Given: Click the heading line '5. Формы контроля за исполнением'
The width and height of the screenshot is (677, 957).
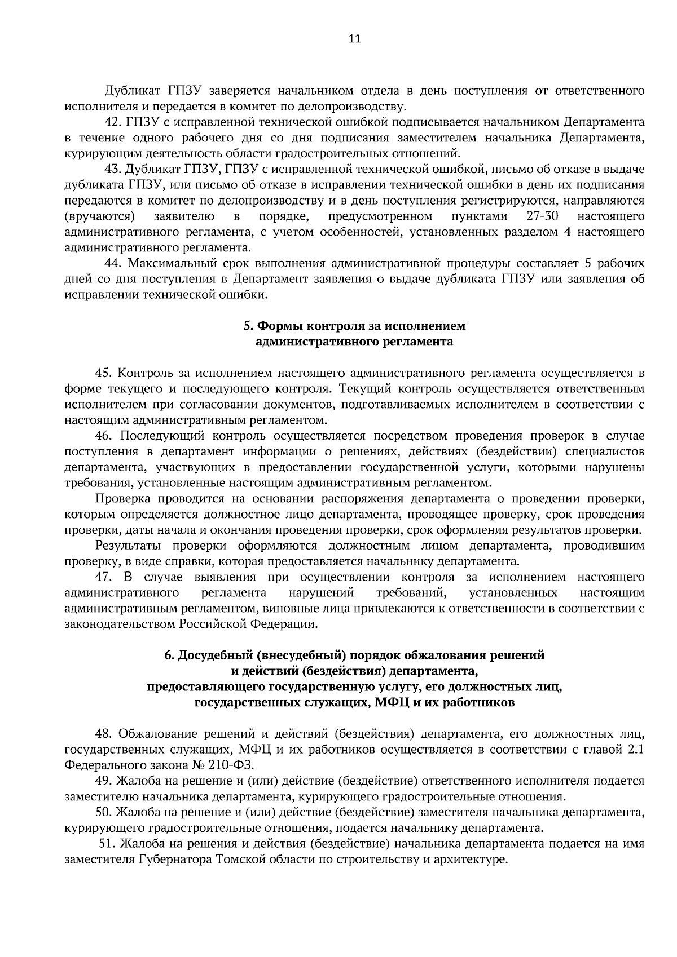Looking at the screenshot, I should [x=354, y=326].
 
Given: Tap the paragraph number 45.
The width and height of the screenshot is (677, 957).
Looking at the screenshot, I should [x=103, y=373].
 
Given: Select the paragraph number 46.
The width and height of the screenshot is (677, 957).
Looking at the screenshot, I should [x=103, y=436].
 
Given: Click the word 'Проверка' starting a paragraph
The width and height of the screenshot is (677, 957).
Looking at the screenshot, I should [x=122, y=499].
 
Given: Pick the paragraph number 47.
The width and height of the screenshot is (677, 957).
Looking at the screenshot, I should [x=103, y=577].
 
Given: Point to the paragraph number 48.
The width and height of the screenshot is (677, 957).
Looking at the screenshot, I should [x=103, y=734].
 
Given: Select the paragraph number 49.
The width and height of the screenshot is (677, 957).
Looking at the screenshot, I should [x=103, y=781].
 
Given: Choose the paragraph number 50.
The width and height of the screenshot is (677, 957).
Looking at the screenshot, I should [x=103, y=813].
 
